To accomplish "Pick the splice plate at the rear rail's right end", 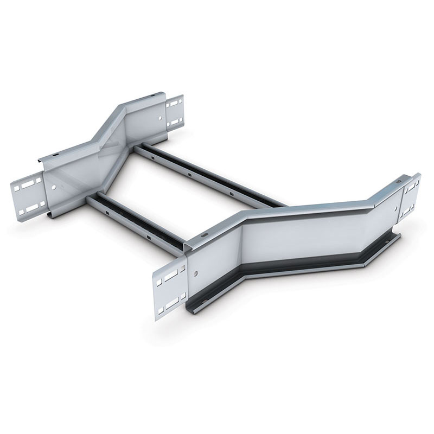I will [x=175, y=112].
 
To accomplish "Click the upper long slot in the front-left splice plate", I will [x=170, y=276].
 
